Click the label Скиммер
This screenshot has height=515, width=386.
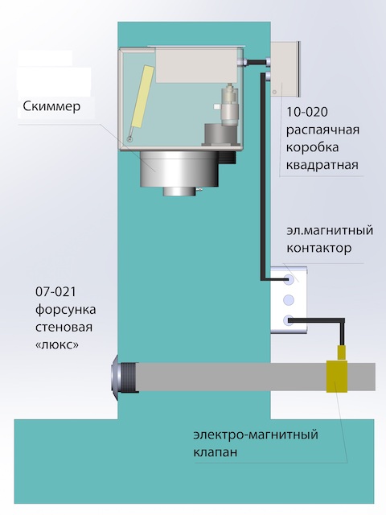(51, 106)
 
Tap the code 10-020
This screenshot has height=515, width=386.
(307, 112)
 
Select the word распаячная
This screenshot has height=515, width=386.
(322, 130)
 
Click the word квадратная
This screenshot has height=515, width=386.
(322, 164)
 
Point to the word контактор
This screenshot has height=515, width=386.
(318, 248)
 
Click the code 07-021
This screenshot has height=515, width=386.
(55, 291)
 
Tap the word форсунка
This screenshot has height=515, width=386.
(66, 310)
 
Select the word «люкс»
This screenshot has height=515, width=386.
(57, 345)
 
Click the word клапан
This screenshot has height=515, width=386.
(215, 452)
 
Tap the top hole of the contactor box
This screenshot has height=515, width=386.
(289, 279)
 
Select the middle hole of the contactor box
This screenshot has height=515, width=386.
(289, 299)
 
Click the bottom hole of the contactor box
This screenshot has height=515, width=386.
(289, 320)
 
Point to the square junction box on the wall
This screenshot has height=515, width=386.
(285, 70)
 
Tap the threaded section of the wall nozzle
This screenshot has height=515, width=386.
(129, 377)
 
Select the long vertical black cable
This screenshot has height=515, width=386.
(262, 177)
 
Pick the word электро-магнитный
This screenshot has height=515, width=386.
(256, 435)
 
